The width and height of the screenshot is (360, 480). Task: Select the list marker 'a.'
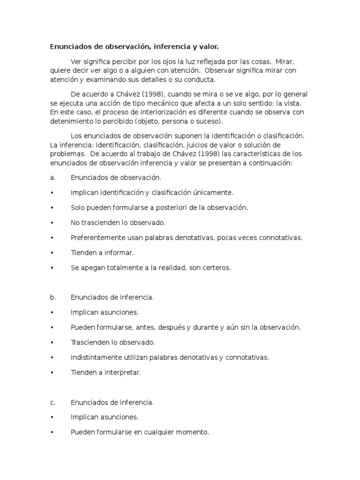53,178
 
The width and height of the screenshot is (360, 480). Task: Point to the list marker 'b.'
53,297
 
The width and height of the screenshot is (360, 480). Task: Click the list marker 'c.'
53,402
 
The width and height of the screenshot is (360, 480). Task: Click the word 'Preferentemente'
97,238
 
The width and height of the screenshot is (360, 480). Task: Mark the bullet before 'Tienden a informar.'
52,253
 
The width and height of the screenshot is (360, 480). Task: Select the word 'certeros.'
216,268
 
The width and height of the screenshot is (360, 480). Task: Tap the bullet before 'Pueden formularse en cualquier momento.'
52,432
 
